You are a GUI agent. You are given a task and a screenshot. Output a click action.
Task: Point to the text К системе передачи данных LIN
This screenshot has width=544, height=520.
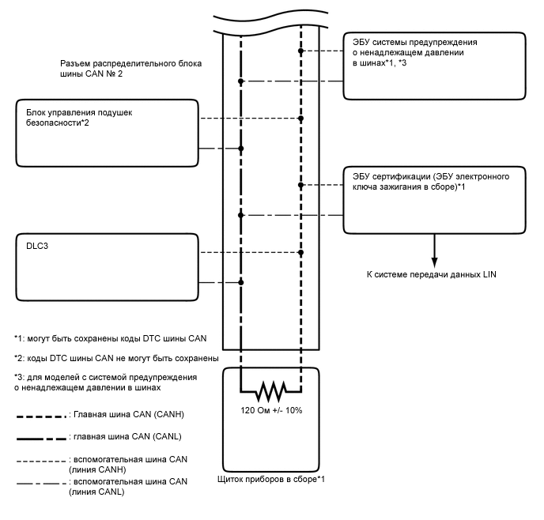433,274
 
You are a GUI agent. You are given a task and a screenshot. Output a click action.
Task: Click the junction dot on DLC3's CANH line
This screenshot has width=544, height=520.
301,253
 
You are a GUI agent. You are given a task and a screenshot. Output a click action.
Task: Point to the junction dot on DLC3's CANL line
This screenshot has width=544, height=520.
240,282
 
